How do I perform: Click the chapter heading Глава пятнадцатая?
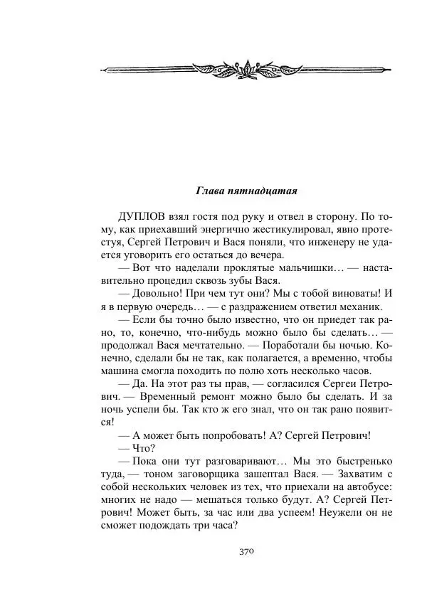click(x=246, y=191)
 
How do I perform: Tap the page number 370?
click(x=246, y=551)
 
